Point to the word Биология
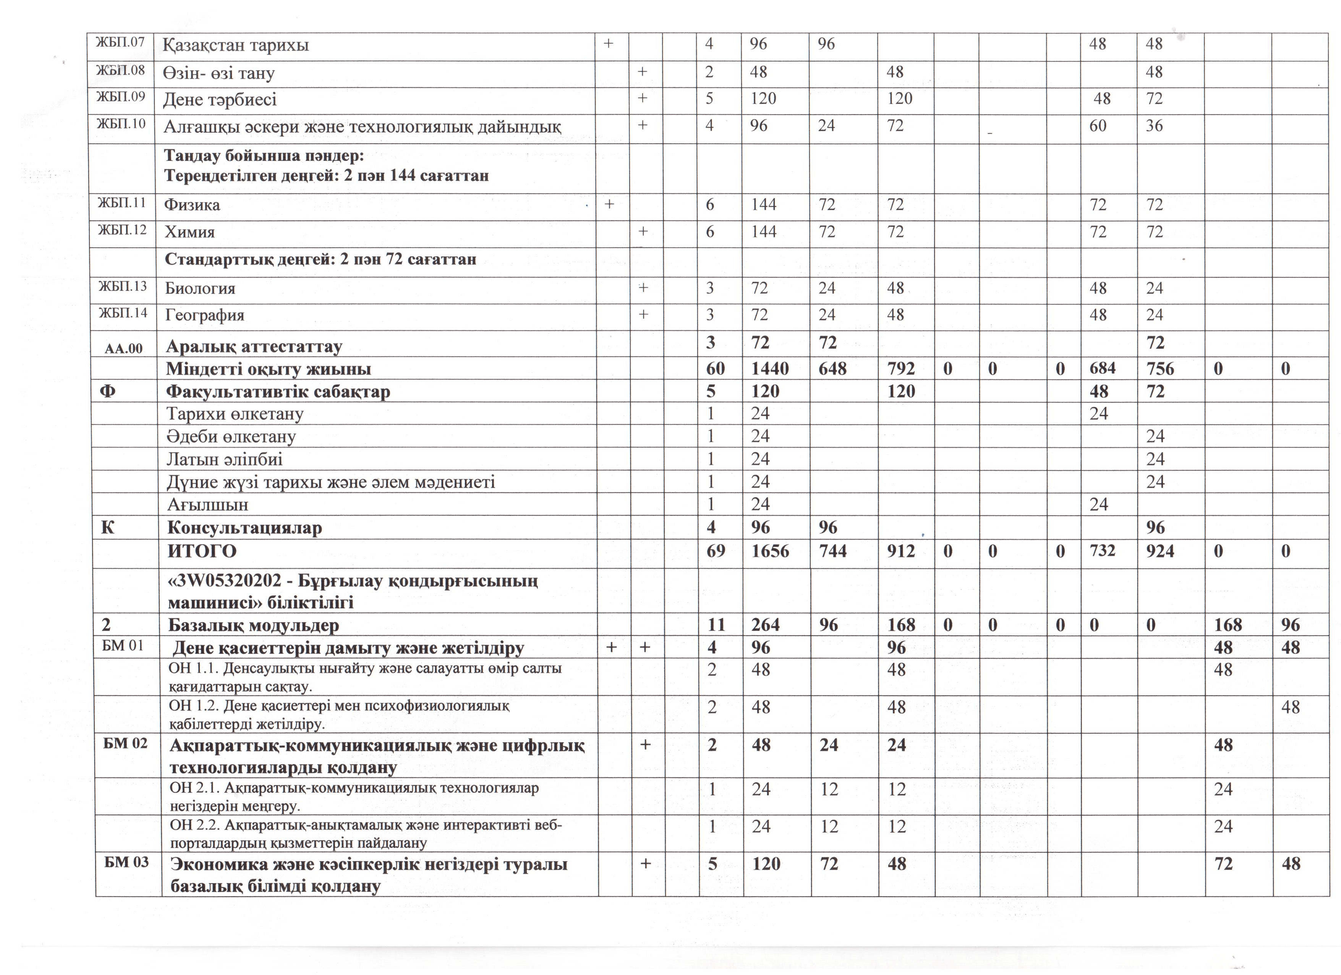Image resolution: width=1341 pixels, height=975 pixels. click(x=200, y=288)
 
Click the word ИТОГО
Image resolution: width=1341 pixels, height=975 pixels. click(x=202, y=551)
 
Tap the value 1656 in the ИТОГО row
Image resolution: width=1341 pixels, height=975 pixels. click(x=770, y=551)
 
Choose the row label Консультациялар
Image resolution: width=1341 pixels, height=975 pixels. click(x=245, y=527)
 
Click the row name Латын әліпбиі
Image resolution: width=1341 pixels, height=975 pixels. click(x=224, y=459)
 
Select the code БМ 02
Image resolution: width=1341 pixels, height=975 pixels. click(x=125, y=743)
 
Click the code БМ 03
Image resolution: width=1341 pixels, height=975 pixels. click(x=126, y=862)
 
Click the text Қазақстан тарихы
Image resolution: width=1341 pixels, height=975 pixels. click(x=236, y=45)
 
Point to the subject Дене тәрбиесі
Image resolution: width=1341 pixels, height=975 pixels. click(x=220, y=99)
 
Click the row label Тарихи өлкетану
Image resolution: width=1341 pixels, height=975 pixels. click(x=235, y=414)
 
